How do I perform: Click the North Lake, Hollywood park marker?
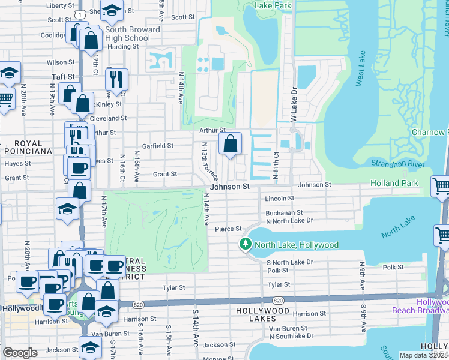tap(245, 244)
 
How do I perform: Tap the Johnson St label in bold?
tap(229, 187)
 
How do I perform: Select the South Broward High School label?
tap(132, 34)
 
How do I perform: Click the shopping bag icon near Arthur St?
tap(230, 144)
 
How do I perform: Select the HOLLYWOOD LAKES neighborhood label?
tap(264, 311)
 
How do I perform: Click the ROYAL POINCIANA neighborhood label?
tap(23, 148)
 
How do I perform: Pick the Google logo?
tap(20, 353)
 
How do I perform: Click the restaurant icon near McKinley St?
tap(116, 79)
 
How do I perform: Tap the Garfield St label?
tap(157, 146)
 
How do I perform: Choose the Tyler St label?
tap(173, 288)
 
